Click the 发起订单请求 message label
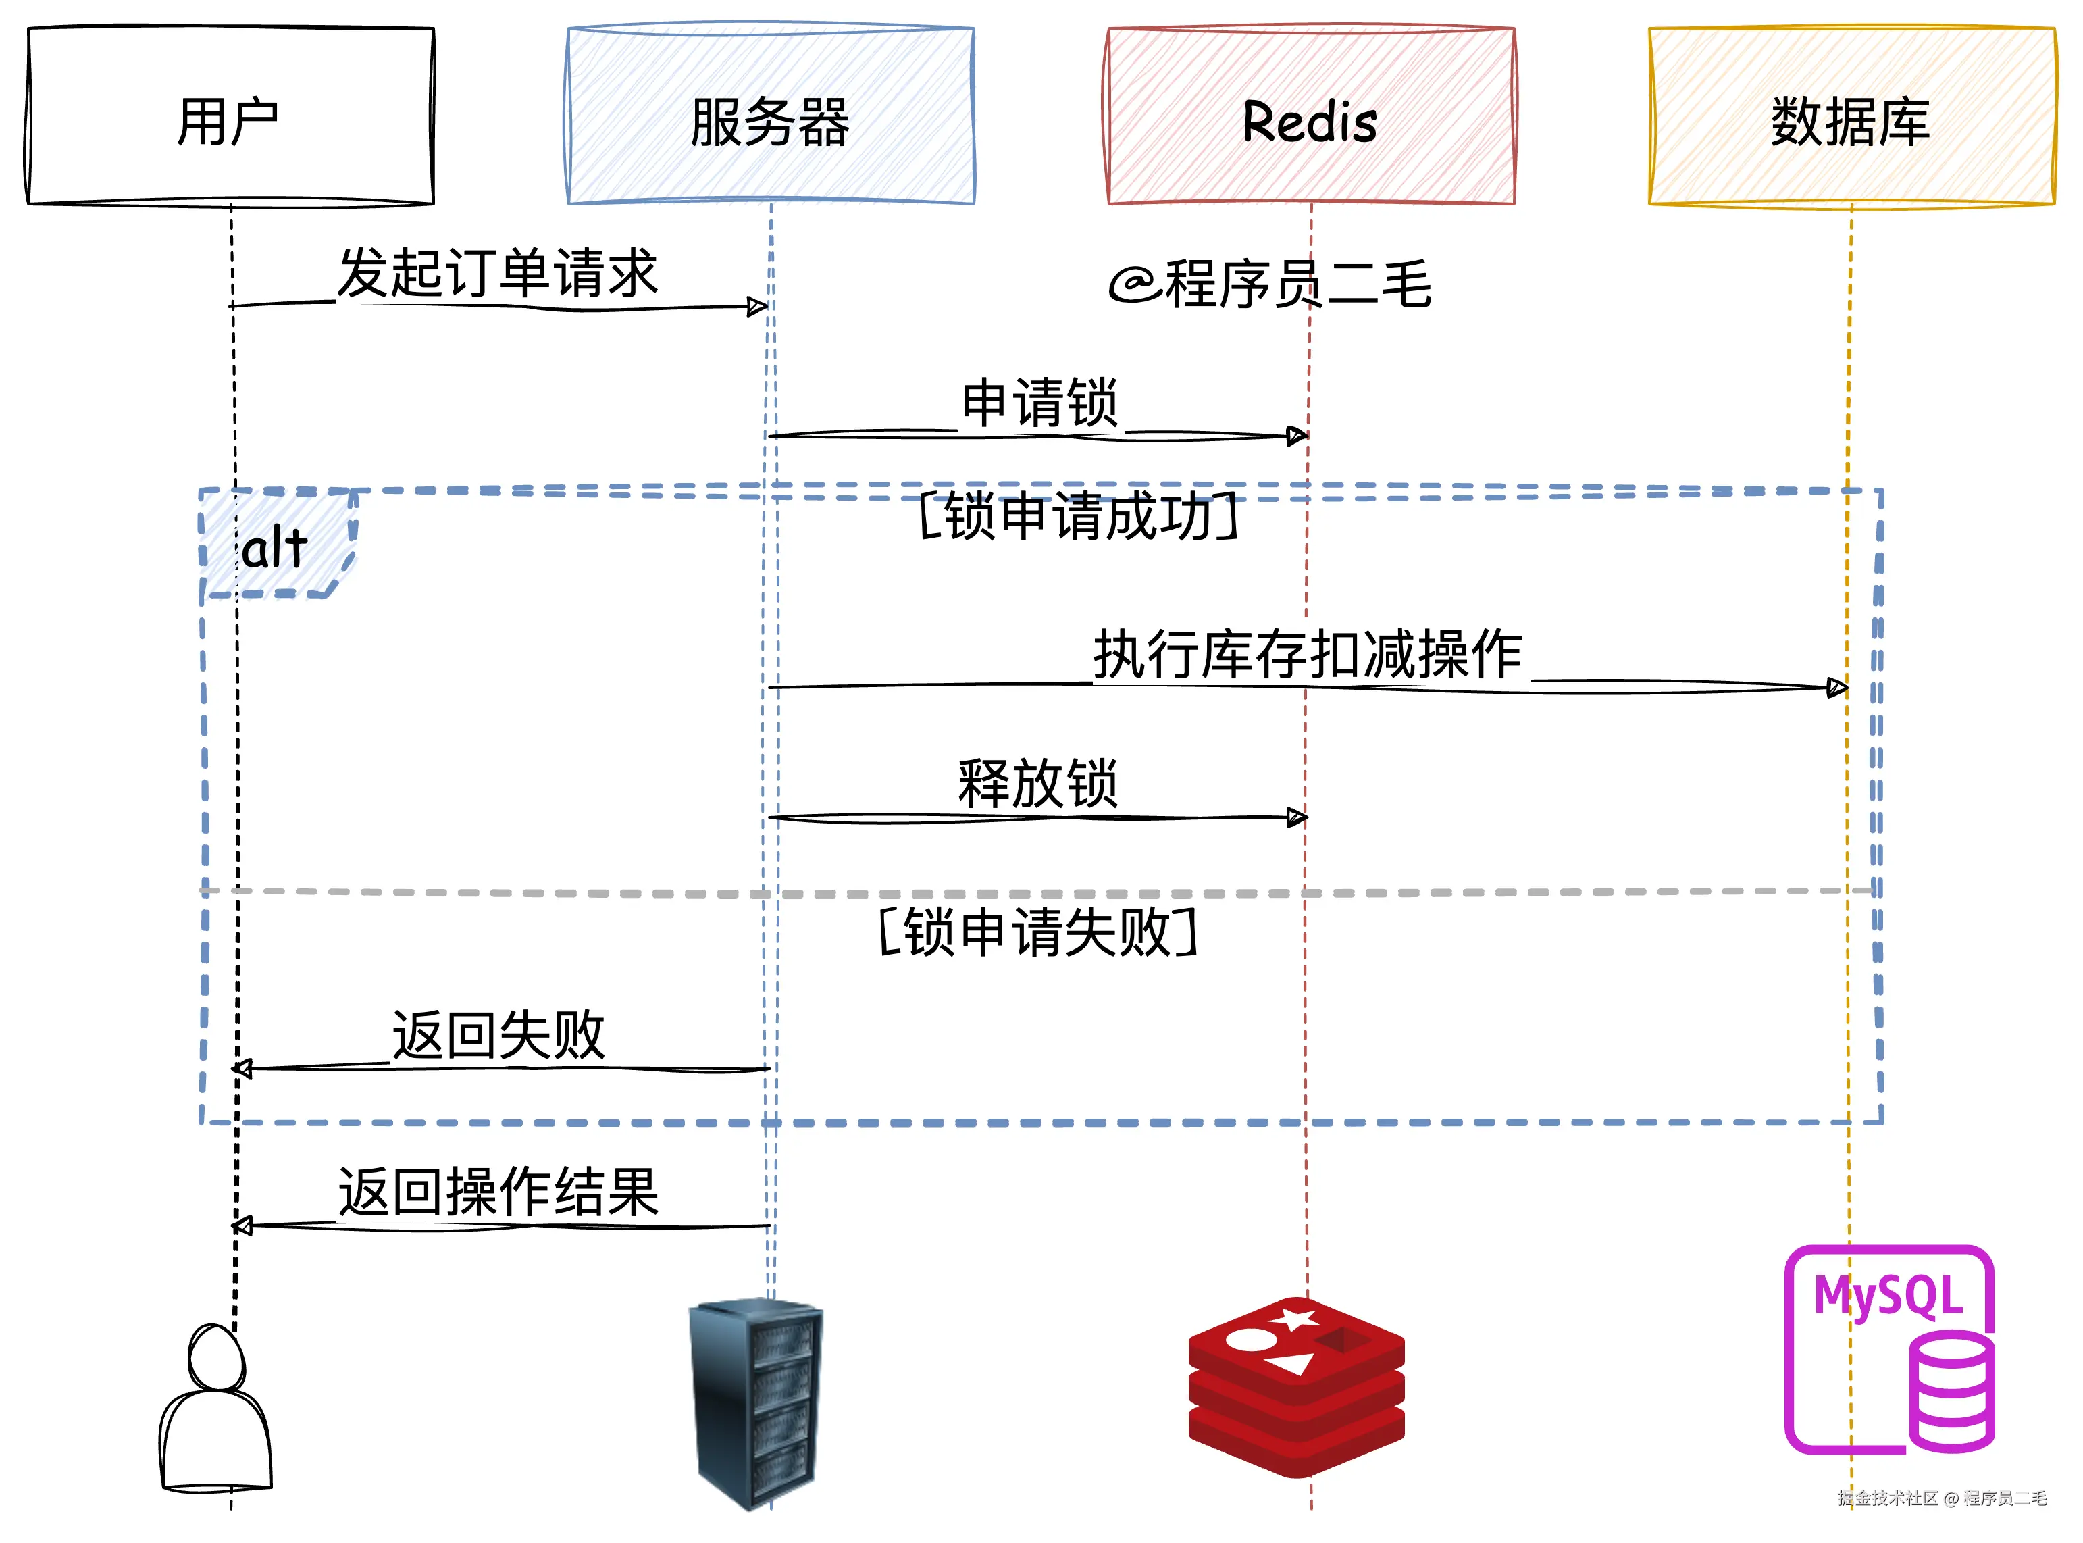498,274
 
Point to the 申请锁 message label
1039,403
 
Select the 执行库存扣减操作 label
1307,654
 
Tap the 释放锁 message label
1037,784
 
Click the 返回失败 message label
498,1035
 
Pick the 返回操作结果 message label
498,1192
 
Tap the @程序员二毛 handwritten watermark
1270,283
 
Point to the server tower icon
757,1401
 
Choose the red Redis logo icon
1296,1387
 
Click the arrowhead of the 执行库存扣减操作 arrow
1836,688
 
